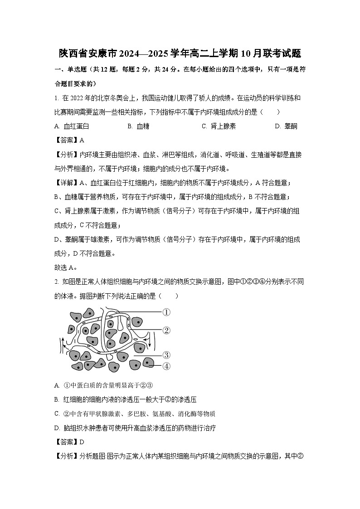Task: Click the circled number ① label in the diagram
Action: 166,312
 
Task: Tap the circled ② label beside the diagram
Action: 166,330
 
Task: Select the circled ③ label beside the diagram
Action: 166,355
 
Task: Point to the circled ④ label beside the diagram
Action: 166,366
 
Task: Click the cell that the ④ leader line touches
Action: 148,363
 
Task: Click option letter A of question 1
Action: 57,126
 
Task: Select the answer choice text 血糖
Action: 143,126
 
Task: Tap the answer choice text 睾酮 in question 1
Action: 291,126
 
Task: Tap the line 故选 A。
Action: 66,267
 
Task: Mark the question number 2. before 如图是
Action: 57,282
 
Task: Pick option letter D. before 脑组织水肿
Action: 57,428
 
